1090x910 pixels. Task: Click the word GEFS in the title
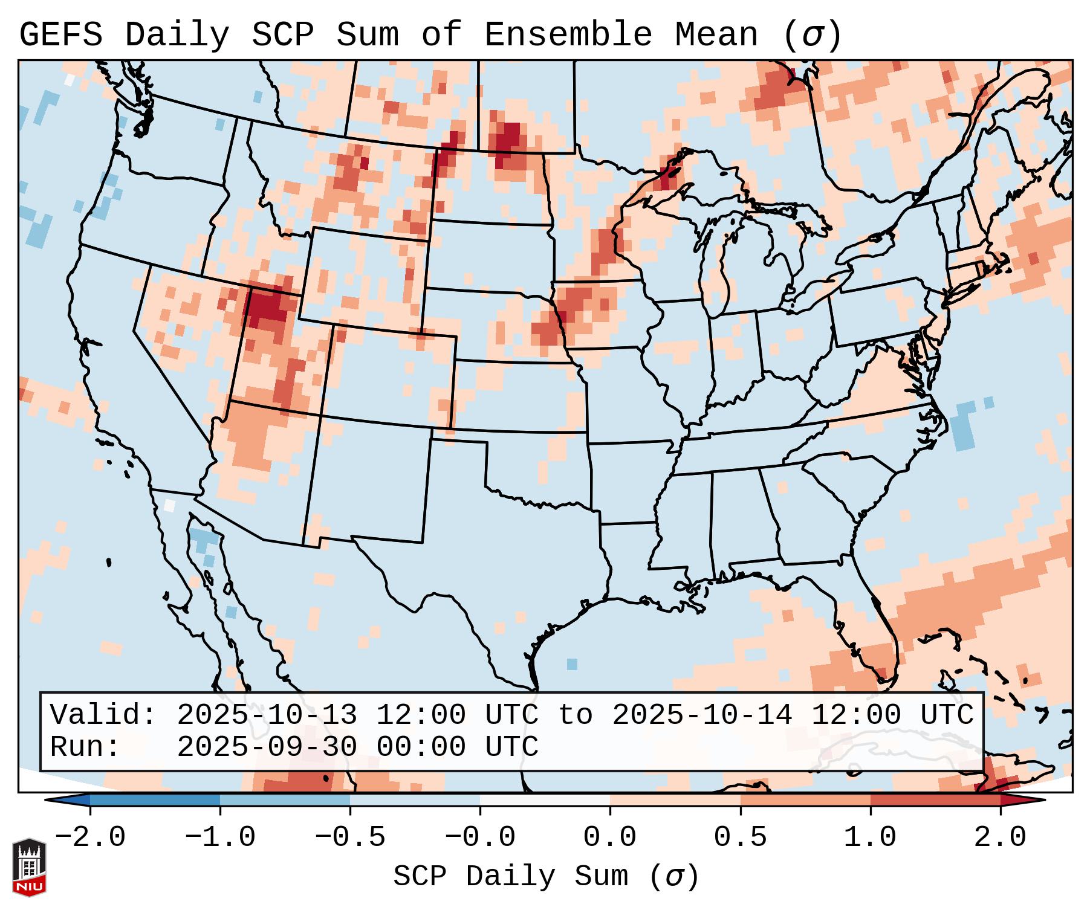pos(60,35)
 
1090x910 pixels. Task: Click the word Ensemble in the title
pos(568,35)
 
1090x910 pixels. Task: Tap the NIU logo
pos(29,866)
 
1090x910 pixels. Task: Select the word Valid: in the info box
pos(103,715)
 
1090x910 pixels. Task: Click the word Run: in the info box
pos(85,747)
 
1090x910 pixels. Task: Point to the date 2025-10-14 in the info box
pos(702,715)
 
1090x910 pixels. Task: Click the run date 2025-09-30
pos(267,747)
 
